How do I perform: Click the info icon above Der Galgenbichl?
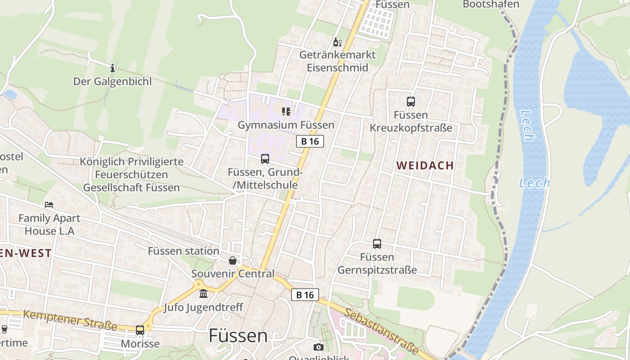[112, 68]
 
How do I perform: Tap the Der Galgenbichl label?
[112, 81]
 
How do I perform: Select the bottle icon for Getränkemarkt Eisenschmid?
[337, 42]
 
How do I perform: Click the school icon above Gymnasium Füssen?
[286, 111]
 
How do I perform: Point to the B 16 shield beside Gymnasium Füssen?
[310, 141]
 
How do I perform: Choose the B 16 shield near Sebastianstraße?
[305, 295]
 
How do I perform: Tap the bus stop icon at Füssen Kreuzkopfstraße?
[411, 102]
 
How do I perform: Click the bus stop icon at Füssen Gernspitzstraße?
[377, 244]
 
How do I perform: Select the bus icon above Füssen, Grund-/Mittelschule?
[265, 159]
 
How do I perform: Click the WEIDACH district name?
[425, 165]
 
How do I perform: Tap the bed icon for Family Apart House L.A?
[49, 205]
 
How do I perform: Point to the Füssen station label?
[184, 251]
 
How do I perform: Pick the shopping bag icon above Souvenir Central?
[233, 261]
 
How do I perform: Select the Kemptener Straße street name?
[70, 320]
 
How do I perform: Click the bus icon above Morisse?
[140, 330]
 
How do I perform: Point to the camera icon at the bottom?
[319, 347]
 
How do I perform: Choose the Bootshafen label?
[491, 4]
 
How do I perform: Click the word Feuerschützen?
[131, 174]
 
